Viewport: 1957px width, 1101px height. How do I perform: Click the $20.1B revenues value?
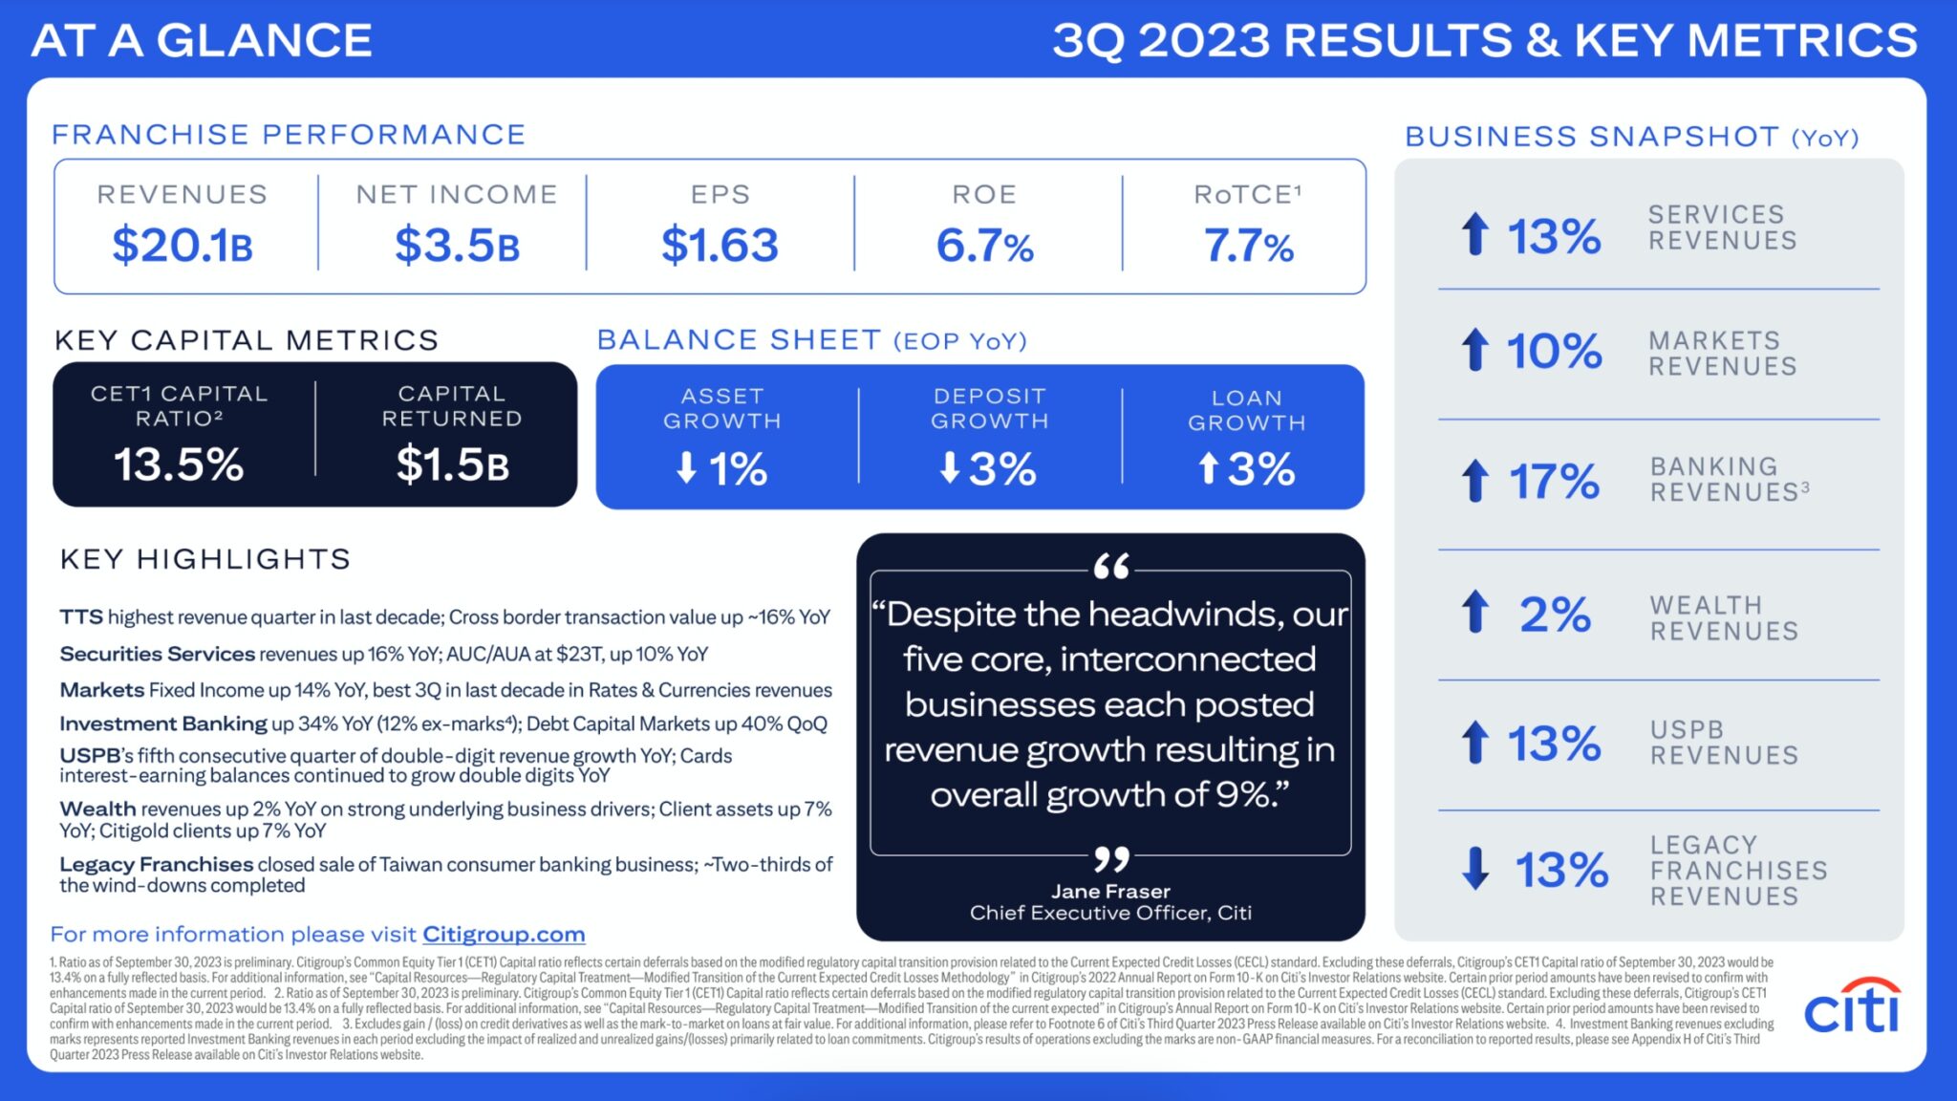[x=183, y=245]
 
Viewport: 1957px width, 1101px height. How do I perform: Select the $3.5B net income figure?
[x=457, y=245]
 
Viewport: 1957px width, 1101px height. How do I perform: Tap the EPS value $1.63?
[x=720, y=245]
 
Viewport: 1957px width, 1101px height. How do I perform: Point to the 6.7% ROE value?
[x=984, y=246]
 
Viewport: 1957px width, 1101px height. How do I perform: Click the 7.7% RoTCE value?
[x=1248, y=246]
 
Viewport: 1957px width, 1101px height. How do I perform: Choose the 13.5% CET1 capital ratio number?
[x=179, y=464]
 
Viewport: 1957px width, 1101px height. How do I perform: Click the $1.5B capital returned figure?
[x=452, y=464]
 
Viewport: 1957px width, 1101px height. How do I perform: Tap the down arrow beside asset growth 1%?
[x=686, y=467]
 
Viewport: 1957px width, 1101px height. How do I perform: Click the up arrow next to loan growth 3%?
[x=1208, y=467]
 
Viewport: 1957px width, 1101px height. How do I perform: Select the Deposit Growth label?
[x=990, y=408]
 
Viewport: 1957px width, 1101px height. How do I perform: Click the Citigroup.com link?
[x=504, y=934]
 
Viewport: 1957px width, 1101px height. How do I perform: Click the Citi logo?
[x=1851, y=1005]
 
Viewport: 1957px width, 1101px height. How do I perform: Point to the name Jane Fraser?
[x=1110, y=891]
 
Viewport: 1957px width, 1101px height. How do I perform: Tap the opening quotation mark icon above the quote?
[x=1111, y=567]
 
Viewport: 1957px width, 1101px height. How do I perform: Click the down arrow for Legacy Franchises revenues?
[x=1475, y=868]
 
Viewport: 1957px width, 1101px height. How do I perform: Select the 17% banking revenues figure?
[x=1554, y=481]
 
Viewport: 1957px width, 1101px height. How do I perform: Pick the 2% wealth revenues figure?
[x=1555, y=614]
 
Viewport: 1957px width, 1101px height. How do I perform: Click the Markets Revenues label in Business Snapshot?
[x=1722, y=354]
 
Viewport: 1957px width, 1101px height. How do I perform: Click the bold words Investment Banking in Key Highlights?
[x=163, y=723]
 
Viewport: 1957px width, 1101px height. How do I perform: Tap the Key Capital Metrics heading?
[x=247, y=340]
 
